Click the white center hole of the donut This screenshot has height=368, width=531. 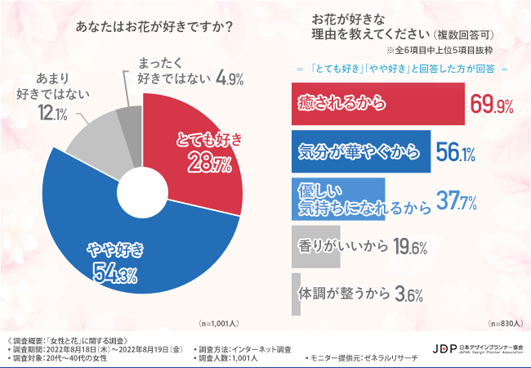coord(142,194)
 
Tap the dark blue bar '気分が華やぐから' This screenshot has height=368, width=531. coord(360,151)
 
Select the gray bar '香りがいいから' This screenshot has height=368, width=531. coord(315,246)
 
